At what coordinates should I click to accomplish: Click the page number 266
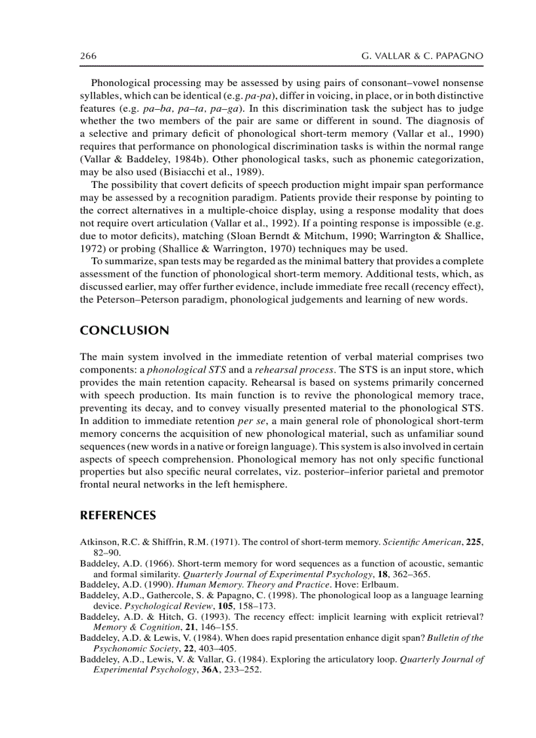[88, 57]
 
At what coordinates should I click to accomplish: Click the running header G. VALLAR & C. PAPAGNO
[422, 57]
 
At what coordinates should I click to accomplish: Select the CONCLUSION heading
[124, 331]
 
